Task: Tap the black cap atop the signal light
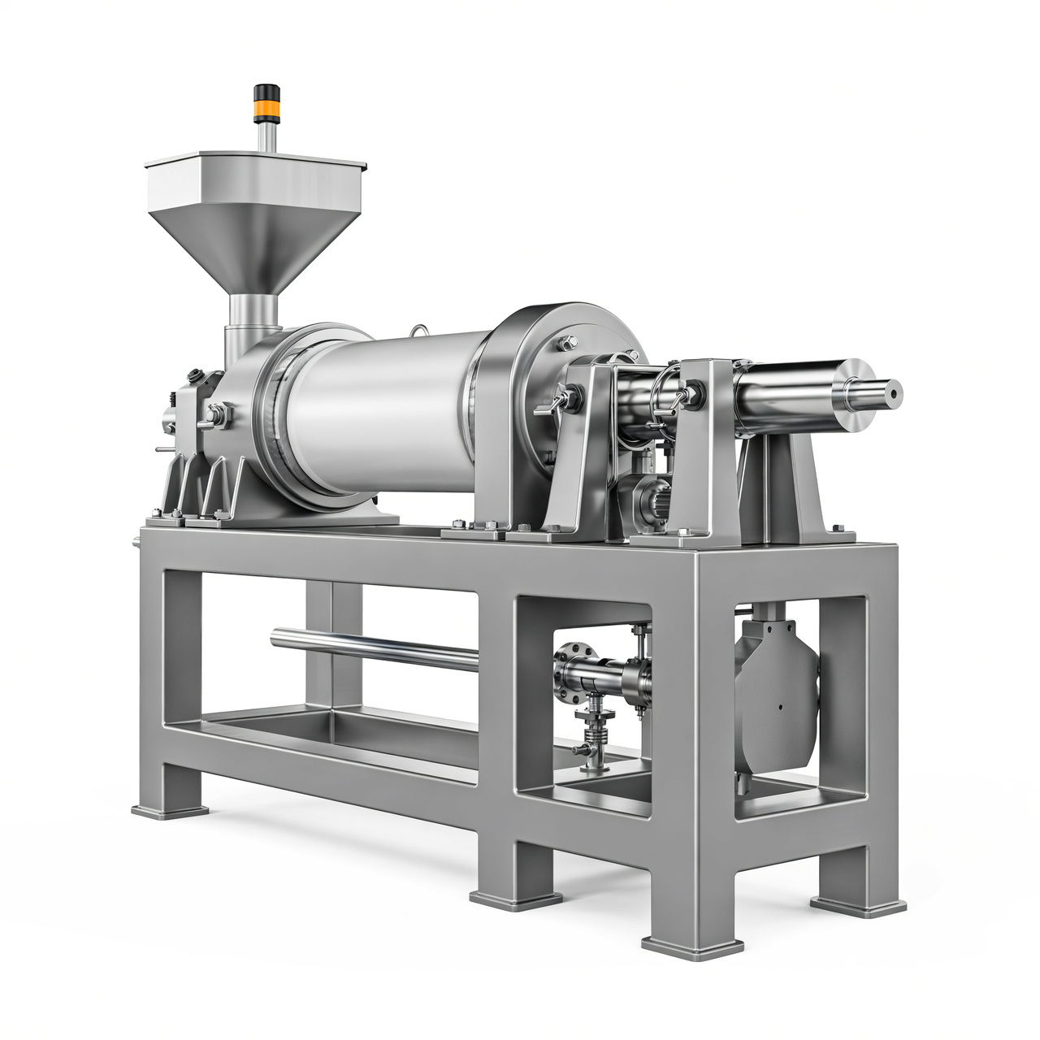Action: (x=263, y=90)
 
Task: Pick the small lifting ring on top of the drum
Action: (x=420, y=330)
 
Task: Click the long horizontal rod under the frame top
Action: (x=374, y=648)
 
